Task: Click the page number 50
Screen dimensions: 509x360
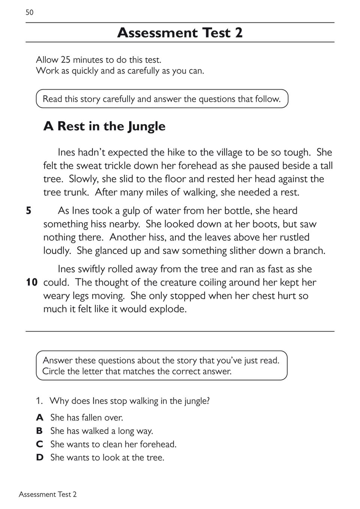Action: coord(30,12)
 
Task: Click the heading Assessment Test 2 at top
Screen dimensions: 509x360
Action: coord(180,33)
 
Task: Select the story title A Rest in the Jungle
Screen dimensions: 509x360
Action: coord(104,126)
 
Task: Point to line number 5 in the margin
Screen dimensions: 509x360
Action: coord(28,211)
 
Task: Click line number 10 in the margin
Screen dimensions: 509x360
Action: coord(32,282)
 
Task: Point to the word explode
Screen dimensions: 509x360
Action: coord(168,309)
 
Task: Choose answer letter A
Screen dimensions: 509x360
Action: coord(39,417)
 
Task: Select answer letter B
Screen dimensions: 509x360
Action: coord(39,431)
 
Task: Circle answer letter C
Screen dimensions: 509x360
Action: coord(39,444)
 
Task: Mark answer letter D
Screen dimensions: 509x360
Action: coord(40,457)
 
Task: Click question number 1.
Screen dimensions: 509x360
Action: coord(39,401)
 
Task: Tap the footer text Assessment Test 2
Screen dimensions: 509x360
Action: coord(48,494)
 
